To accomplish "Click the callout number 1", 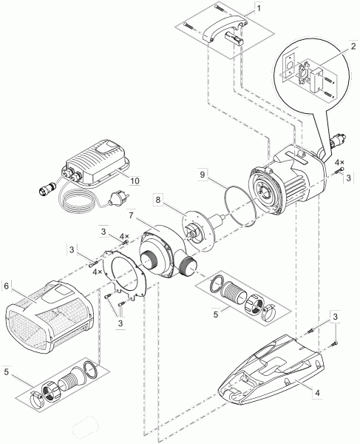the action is (259, 8).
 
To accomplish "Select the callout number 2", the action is (353, 47).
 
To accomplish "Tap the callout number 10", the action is (135, 181).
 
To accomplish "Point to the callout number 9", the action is (202, 175).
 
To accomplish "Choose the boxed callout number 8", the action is (157, 200).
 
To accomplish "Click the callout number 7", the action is (131, 215).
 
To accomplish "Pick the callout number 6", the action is (7, 286).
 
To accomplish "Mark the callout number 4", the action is (317, 393).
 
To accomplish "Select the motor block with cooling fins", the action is (286, 180).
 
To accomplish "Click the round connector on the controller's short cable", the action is (48, 188).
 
